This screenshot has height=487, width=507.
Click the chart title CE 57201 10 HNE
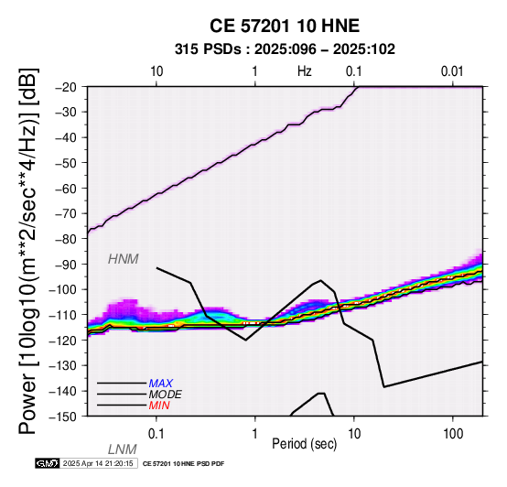pyautogui.click(x=285, y=26)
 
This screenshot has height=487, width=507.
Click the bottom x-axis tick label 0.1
pyautogui.click(x=156, y=434)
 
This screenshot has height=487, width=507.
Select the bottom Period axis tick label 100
pyautogui.click(x=453, y=434)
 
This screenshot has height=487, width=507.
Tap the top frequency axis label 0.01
pyautogui.click(x=452, y=71)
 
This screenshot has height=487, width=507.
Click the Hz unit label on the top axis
pyautogui.click(x=305, y=71)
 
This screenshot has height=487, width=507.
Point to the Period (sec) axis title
pyautogui.click(x=304, y=444)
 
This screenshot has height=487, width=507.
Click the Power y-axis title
pyautogui.click(x=28, y=252)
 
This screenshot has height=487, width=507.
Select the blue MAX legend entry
pyautogui.click(x=161, y=384)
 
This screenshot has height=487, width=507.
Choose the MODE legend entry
pyautogui.click(x=166, y=395)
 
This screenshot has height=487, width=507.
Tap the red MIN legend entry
pyautogui.click(x=159, y=406)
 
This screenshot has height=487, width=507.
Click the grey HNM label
pyautogui.click(x=124, y=259)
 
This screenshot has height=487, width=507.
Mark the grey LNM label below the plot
pyautogui.click(x=123, y=449)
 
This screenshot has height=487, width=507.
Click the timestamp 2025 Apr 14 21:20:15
pyautogui.click(x=98, y=464)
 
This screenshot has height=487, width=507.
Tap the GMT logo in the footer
pyautogui.click(x=48, y=463)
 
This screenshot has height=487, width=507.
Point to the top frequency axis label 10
pyautogui.click(x=156, y=71)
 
